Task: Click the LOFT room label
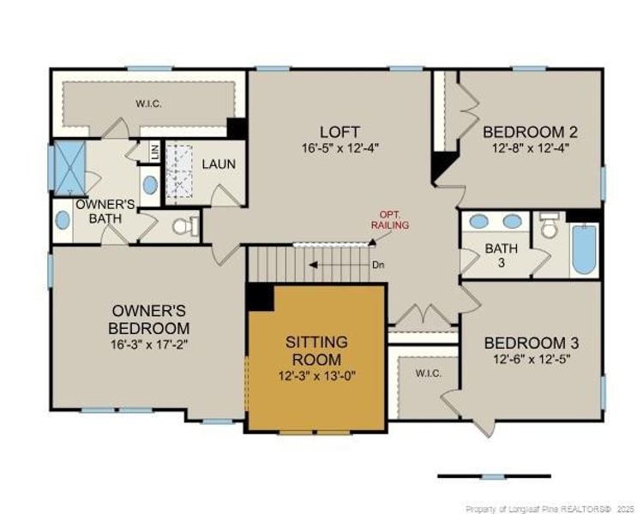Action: point(340,132)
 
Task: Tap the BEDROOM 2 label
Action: point(531,132)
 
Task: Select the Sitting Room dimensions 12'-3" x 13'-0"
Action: point(317,375)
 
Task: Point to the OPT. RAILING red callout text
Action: point(394,220)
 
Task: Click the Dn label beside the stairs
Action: point(378,265)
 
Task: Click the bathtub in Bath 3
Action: point(585,249)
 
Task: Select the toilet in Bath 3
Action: point(548,226)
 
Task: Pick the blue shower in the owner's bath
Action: point(70,168)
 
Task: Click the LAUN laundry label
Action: point(219,164)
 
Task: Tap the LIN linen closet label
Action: point(155,152)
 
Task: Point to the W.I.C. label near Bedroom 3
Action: point(428,374)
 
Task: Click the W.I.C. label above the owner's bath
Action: point(149,104)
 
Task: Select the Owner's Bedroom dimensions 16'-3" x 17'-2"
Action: point(149,344)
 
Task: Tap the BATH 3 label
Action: point(502,255)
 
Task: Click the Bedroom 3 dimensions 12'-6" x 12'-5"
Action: point(532,359)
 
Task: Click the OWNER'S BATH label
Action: point(105,211)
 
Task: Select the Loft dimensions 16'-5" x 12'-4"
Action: point(340,147)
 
